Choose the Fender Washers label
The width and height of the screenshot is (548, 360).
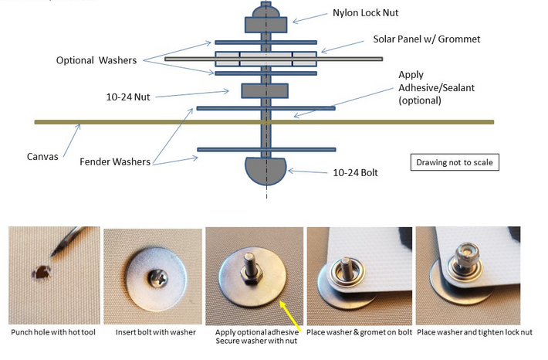pos(116,163)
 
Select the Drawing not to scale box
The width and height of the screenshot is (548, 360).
pos(453,162)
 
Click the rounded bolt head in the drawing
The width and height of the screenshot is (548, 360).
pos(266,170)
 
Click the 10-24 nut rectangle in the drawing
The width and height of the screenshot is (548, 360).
pos(266,91)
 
